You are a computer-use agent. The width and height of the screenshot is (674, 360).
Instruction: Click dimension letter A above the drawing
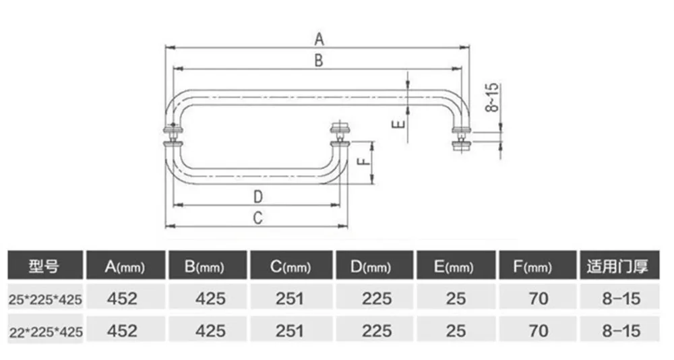319,39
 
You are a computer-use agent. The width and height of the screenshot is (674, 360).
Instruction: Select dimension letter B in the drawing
319,60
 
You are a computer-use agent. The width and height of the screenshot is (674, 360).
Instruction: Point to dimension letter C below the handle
257,218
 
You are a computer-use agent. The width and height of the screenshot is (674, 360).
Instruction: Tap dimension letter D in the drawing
258,197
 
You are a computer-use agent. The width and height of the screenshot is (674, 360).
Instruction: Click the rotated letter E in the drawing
398,124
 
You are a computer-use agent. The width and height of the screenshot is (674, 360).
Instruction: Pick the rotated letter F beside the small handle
364,161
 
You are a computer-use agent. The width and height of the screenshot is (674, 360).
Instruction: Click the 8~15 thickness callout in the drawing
492,97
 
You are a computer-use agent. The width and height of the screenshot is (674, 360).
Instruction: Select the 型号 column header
44,266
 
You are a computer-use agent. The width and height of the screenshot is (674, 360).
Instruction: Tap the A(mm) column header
125,267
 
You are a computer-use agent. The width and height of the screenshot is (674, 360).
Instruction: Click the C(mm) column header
290,267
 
